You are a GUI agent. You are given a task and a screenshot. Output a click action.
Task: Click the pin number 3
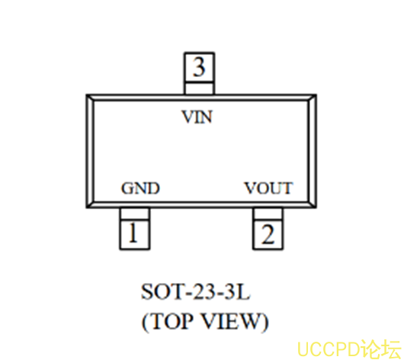pyautogui.click(x=199, y=67)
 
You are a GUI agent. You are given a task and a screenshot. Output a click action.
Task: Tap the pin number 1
pyautogui.click(x=133, y=233)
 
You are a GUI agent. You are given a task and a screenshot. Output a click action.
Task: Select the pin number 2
pyautogui.click(x=268, y=234)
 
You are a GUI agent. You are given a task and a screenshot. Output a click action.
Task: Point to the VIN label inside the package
pyautogui.click(x=197, y=117)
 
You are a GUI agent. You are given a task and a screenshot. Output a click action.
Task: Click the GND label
pyautogui.click(x=140, y=188)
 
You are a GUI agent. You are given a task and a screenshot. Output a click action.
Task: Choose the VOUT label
pyautogui.click(x=268, y=188)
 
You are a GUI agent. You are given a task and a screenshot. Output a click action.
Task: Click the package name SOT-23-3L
pyautogui.click(x=196, y=291)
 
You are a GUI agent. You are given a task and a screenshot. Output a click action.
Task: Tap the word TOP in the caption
pyautogui.click(x=171, y=321)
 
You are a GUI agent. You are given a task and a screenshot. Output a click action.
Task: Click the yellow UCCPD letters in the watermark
pyautogui.click(x=329, y=349)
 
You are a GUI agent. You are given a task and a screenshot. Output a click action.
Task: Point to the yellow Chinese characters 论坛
pyautogui.click(x=381, y=349)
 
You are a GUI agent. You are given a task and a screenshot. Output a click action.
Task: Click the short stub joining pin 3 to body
pyautogui.click(x=199, y=88)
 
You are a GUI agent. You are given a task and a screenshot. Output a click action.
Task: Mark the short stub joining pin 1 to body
pyautogui.click(x=134, y=214)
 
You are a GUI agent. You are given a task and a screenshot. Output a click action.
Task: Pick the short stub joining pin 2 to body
pyautogui.click(x=268, y=214)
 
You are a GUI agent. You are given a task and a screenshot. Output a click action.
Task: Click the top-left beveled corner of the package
pyautogui.click(x=90, y=98)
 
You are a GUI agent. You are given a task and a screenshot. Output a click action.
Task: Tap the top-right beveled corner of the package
pyautogui.click(x=313, y=98)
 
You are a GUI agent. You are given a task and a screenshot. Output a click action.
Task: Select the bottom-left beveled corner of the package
pyautogui.click(x=90, y=204)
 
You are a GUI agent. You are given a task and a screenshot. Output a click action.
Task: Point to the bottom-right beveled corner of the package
pyautogui.click(x=313, y=204)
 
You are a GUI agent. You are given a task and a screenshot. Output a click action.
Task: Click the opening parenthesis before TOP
pyautogui.click(x=145, y=323)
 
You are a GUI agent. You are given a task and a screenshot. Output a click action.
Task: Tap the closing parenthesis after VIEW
pyautogui.click(x=265, y=323)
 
